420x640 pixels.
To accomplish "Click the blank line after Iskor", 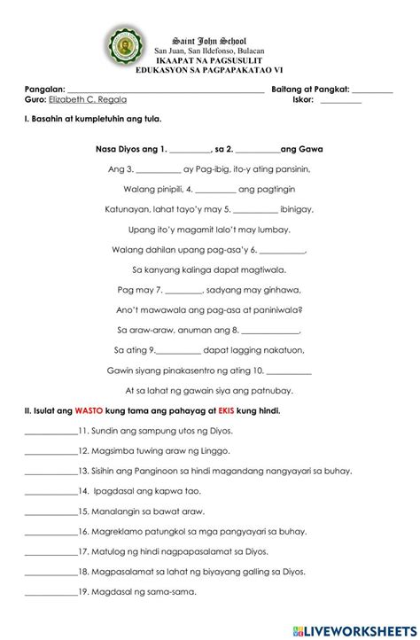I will click(x=341, y=102).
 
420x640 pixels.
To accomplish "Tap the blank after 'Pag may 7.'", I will click(x=183, y=290).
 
